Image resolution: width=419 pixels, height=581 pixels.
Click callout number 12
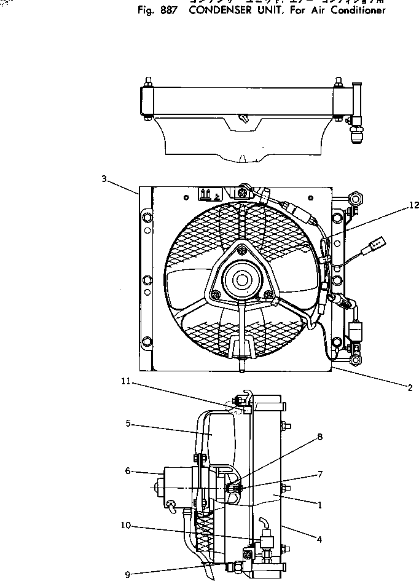pyautogui.click(x=413, y=206)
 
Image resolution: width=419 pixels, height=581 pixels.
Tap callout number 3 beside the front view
pyautogui.click(x=104, y=179)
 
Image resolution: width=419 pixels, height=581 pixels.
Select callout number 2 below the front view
pyautogui.click(x=409, y=387)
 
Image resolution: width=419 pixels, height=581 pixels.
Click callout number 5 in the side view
pyautogui.click(x=128, y=424)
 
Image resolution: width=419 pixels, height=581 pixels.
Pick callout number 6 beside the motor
pyautogui.click(x=128, y=471)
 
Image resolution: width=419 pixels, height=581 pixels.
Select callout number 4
pyautogui.click(x=319, y=540)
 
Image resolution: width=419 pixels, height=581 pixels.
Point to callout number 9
pyautogui.click(x=128, y=575)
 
